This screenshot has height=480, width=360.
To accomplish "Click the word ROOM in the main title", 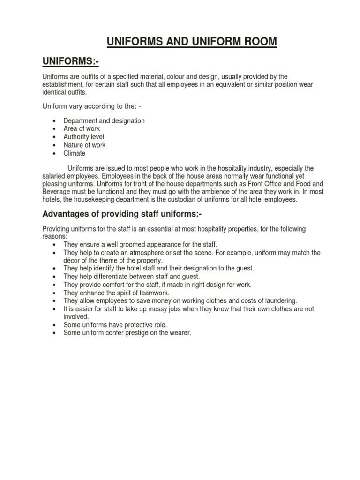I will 257,42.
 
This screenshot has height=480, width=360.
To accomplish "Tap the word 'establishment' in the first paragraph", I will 63,84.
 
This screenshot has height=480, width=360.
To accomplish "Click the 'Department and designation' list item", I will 104,120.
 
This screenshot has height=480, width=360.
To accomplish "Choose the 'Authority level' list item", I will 84,137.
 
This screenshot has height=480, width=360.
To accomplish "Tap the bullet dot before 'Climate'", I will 55,153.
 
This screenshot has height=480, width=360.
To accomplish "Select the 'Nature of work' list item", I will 84,145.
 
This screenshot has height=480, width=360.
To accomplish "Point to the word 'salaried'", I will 54,176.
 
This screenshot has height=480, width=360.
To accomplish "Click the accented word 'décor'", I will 72,260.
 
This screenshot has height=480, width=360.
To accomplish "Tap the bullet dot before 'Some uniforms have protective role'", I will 55,325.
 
